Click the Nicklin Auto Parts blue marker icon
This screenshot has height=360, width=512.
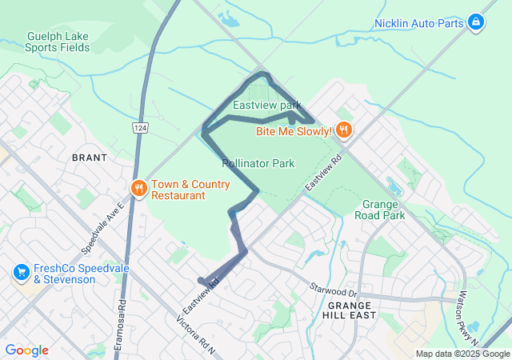[476, 22]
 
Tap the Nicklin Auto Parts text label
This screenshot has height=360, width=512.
[419, 23]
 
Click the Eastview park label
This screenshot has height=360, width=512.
[267, 105]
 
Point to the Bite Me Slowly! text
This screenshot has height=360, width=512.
[294, 131]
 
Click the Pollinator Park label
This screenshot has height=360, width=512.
[258, 163]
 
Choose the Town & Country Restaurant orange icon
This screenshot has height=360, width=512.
[138, 188]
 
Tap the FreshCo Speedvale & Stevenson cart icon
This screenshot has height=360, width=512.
[21, 273]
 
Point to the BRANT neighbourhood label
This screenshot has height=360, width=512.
[90, 158]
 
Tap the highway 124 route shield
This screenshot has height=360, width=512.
[141, 128]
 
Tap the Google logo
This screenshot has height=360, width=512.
[26, 350]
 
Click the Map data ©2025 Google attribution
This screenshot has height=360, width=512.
[462, 354]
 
